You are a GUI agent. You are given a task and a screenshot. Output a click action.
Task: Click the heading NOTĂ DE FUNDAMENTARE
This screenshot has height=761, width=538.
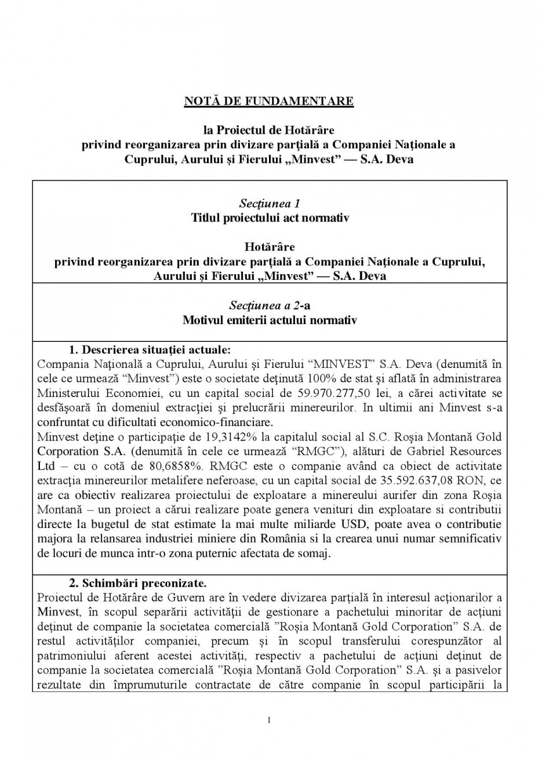269,101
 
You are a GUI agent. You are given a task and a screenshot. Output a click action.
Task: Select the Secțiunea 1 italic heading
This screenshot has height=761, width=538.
269,204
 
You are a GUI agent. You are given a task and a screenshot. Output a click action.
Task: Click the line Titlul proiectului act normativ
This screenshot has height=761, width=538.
269,218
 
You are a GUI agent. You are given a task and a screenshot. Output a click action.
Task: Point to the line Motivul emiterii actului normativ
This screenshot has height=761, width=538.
269,320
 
